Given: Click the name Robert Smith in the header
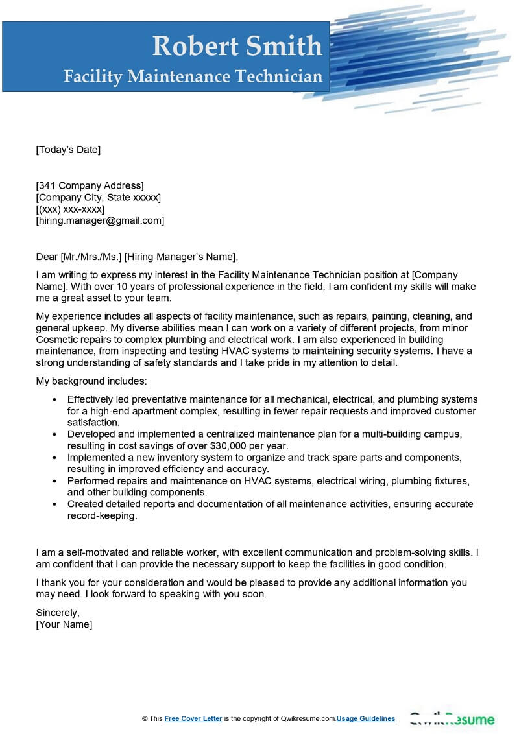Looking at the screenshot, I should coord(237,46).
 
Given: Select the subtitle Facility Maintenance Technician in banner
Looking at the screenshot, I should coord(193,77).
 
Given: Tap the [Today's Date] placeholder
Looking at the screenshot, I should coord(68,150).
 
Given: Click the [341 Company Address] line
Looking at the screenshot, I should coord(90,185).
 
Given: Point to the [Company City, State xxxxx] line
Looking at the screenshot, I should coord(98,197).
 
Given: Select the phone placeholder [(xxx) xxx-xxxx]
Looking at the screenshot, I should coord(70,209).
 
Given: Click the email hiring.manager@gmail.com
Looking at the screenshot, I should coord(100,220).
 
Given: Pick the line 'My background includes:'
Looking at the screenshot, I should coord(91,381).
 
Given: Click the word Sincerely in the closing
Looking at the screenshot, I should coord(58,612).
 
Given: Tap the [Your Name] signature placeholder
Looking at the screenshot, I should coord(64,624).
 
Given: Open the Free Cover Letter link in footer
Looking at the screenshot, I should coord(193,718).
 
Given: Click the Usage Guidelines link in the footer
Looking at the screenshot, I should coord(366,718).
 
